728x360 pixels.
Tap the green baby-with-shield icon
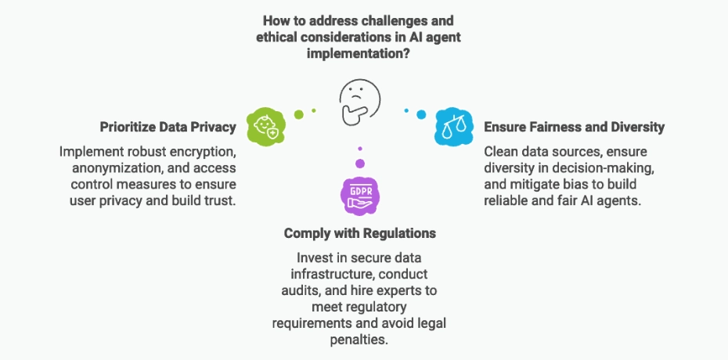[264, 126]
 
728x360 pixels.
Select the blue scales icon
[454, 126]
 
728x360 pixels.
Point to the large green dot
[298, 114]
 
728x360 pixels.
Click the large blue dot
[420, 114]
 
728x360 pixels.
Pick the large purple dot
[359, 164]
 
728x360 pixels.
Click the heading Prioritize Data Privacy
[168, 127]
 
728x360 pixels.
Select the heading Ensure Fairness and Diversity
[575, 127]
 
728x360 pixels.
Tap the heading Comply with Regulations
[359, 233]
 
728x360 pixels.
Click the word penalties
[359, 340]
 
